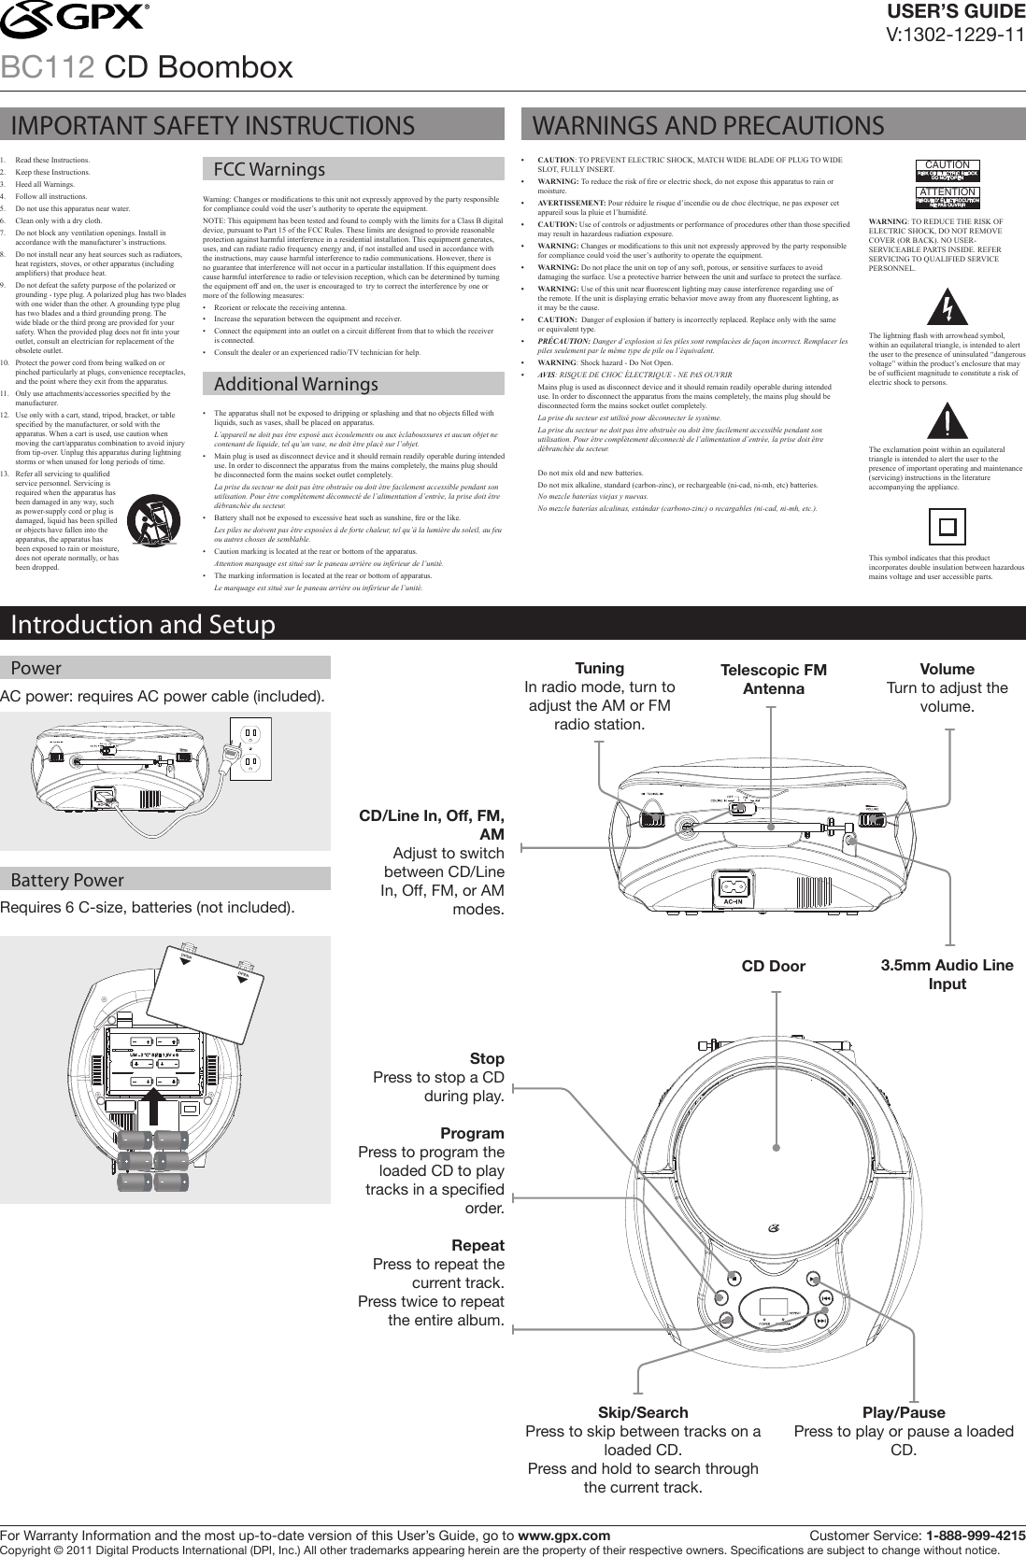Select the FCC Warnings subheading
coord(269,170)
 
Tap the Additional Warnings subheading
coord(295,384)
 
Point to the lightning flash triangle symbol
coord(948,306)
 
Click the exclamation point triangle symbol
coord(948,422)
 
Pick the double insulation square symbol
coord(947,527)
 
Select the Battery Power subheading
coord(67,880)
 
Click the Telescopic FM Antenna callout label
coord(774,679)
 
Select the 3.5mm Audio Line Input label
coord(947,974)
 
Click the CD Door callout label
coord(773,966)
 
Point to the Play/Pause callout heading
coord(904,1412)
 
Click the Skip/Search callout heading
coord(642,1412)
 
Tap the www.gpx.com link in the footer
coord(564,1536)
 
